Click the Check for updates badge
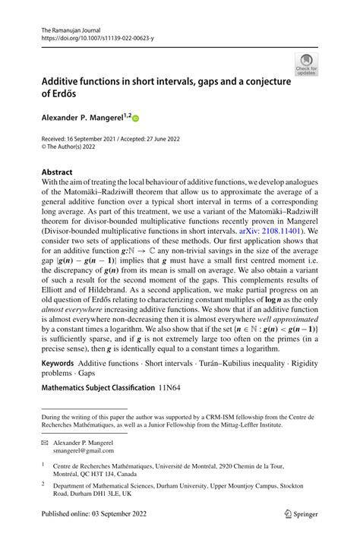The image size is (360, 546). click(x=308, y=64)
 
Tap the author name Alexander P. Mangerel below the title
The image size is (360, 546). click(x=80, y=118)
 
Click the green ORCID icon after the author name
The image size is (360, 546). click(x=137, y=118)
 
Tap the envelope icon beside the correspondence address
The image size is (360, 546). click(x=45, y=442)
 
